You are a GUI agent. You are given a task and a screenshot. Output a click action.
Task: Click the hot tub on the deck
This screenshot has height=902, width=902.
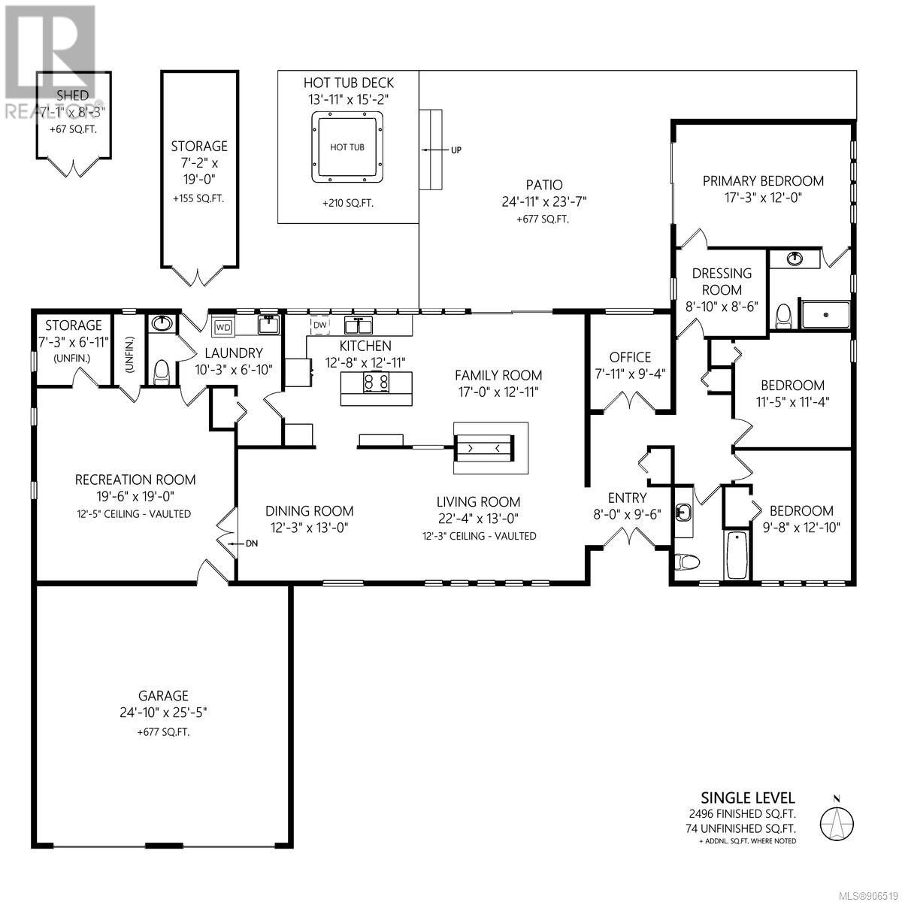[x=347, y=147]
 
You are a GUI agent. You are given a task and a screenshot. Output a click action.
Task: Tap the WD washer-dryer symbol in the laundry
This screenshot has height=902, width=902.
[x=223, y=327]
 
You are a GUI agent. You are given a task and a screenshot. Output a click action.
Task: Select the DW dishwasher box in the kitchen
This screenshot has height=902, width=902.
[x=320, y=325]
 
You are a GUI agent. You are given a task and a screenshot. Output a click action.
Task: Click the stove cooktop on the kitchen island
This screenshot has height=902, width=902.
[x=377, y=382]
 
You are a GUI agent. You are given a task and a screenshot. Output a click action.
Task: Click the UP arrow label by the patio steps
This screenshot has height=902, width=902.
[x=456, y=150]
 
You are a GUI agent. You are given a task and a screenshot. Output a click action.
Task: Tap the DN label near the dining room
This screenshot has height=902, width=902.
[x=251, y=543]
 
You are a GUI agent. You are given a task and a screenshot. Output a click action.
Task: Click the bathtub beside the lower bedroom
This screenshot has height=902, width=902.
[x=737, y=555]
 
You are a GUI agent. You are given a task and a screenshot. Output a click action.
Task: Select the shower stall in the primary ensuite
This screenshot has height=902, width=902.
[x=825, y=314]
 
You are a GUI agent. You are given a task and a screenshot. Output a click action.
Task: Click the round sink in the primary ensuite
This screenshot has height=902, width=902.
[x=795, y=258]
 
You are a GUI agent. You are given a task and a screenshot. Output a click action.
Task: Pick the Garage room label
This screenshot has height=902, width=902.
[x=163, y=695]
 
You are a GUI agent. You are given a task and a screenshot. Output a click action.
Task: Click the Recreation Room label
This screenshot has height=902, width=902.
[x=135, y=480]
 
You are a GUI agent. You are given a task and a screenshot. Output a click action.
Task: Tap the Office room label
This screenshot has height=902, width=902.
[x=630, y=357]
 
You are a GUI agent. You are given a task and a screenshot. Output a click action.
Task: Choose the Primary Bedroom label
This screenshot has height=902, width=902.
[x=763, y=180]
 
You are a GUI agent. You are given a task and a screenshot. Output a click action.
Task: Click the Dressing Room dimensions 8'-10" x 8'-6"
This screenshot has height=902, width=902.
[x=722, y=307]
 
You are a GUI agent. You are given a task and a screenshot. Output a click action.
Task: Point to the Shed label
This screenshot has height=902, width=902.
[x=73, y=95]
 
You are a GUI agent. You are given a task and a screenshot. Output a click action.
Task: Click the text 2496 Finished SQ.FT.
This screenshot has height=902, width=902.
[x=742, y=814]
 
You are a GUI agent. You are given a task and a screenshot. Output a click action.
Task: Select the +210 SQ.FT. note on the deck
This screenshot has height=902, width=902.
[x=348, y=203]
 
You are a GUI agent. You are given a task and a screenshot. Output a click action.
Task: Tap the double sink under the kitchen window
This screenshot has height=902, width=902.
[x=359, y=324]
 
